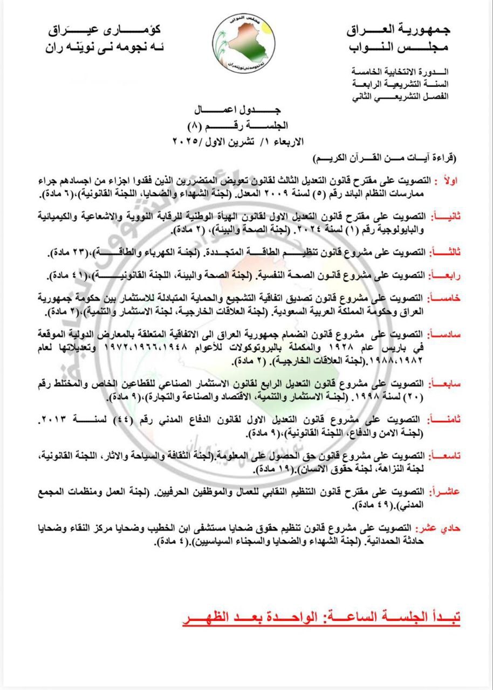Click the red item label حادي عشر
coord(440,528)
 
